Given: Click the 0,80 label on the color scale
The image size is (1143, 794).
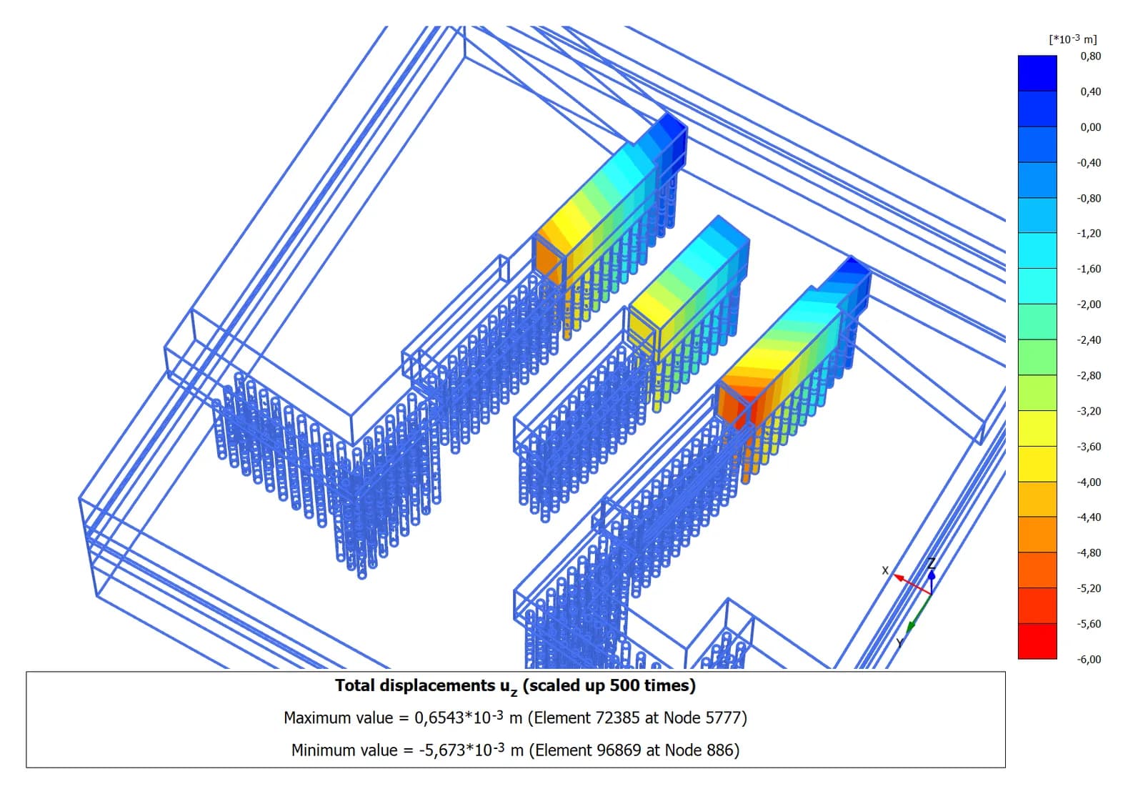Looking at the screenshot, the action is tap(1090, 56).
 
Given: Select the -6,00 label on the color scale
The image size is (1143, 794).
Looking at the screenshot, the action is tap(1089, 659).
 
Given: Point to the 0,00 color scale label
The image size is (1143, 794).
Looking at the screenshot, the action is tap(1090, 127).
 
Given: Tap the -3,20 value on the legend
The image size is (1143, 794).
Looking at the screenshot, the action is tap(1089, 411).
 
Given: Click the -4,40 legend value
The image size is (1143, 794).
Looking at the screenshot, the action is tap(1089, 517).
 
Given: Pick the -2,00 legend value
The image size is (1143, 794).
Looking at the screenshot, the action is tap(1089, 304).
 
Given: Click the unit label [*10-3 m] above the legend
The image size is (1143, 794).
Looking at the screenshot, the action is tap(1072, 39).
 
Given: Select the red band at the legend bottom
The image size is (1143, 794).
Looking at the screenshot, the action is tap(1037, 641).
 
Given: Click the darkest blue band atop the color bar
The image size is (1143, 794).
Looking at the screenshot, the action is tap(1037, 73).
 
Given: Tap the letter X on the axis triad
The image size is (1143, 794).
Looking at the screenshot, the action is tap(885, 570).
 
